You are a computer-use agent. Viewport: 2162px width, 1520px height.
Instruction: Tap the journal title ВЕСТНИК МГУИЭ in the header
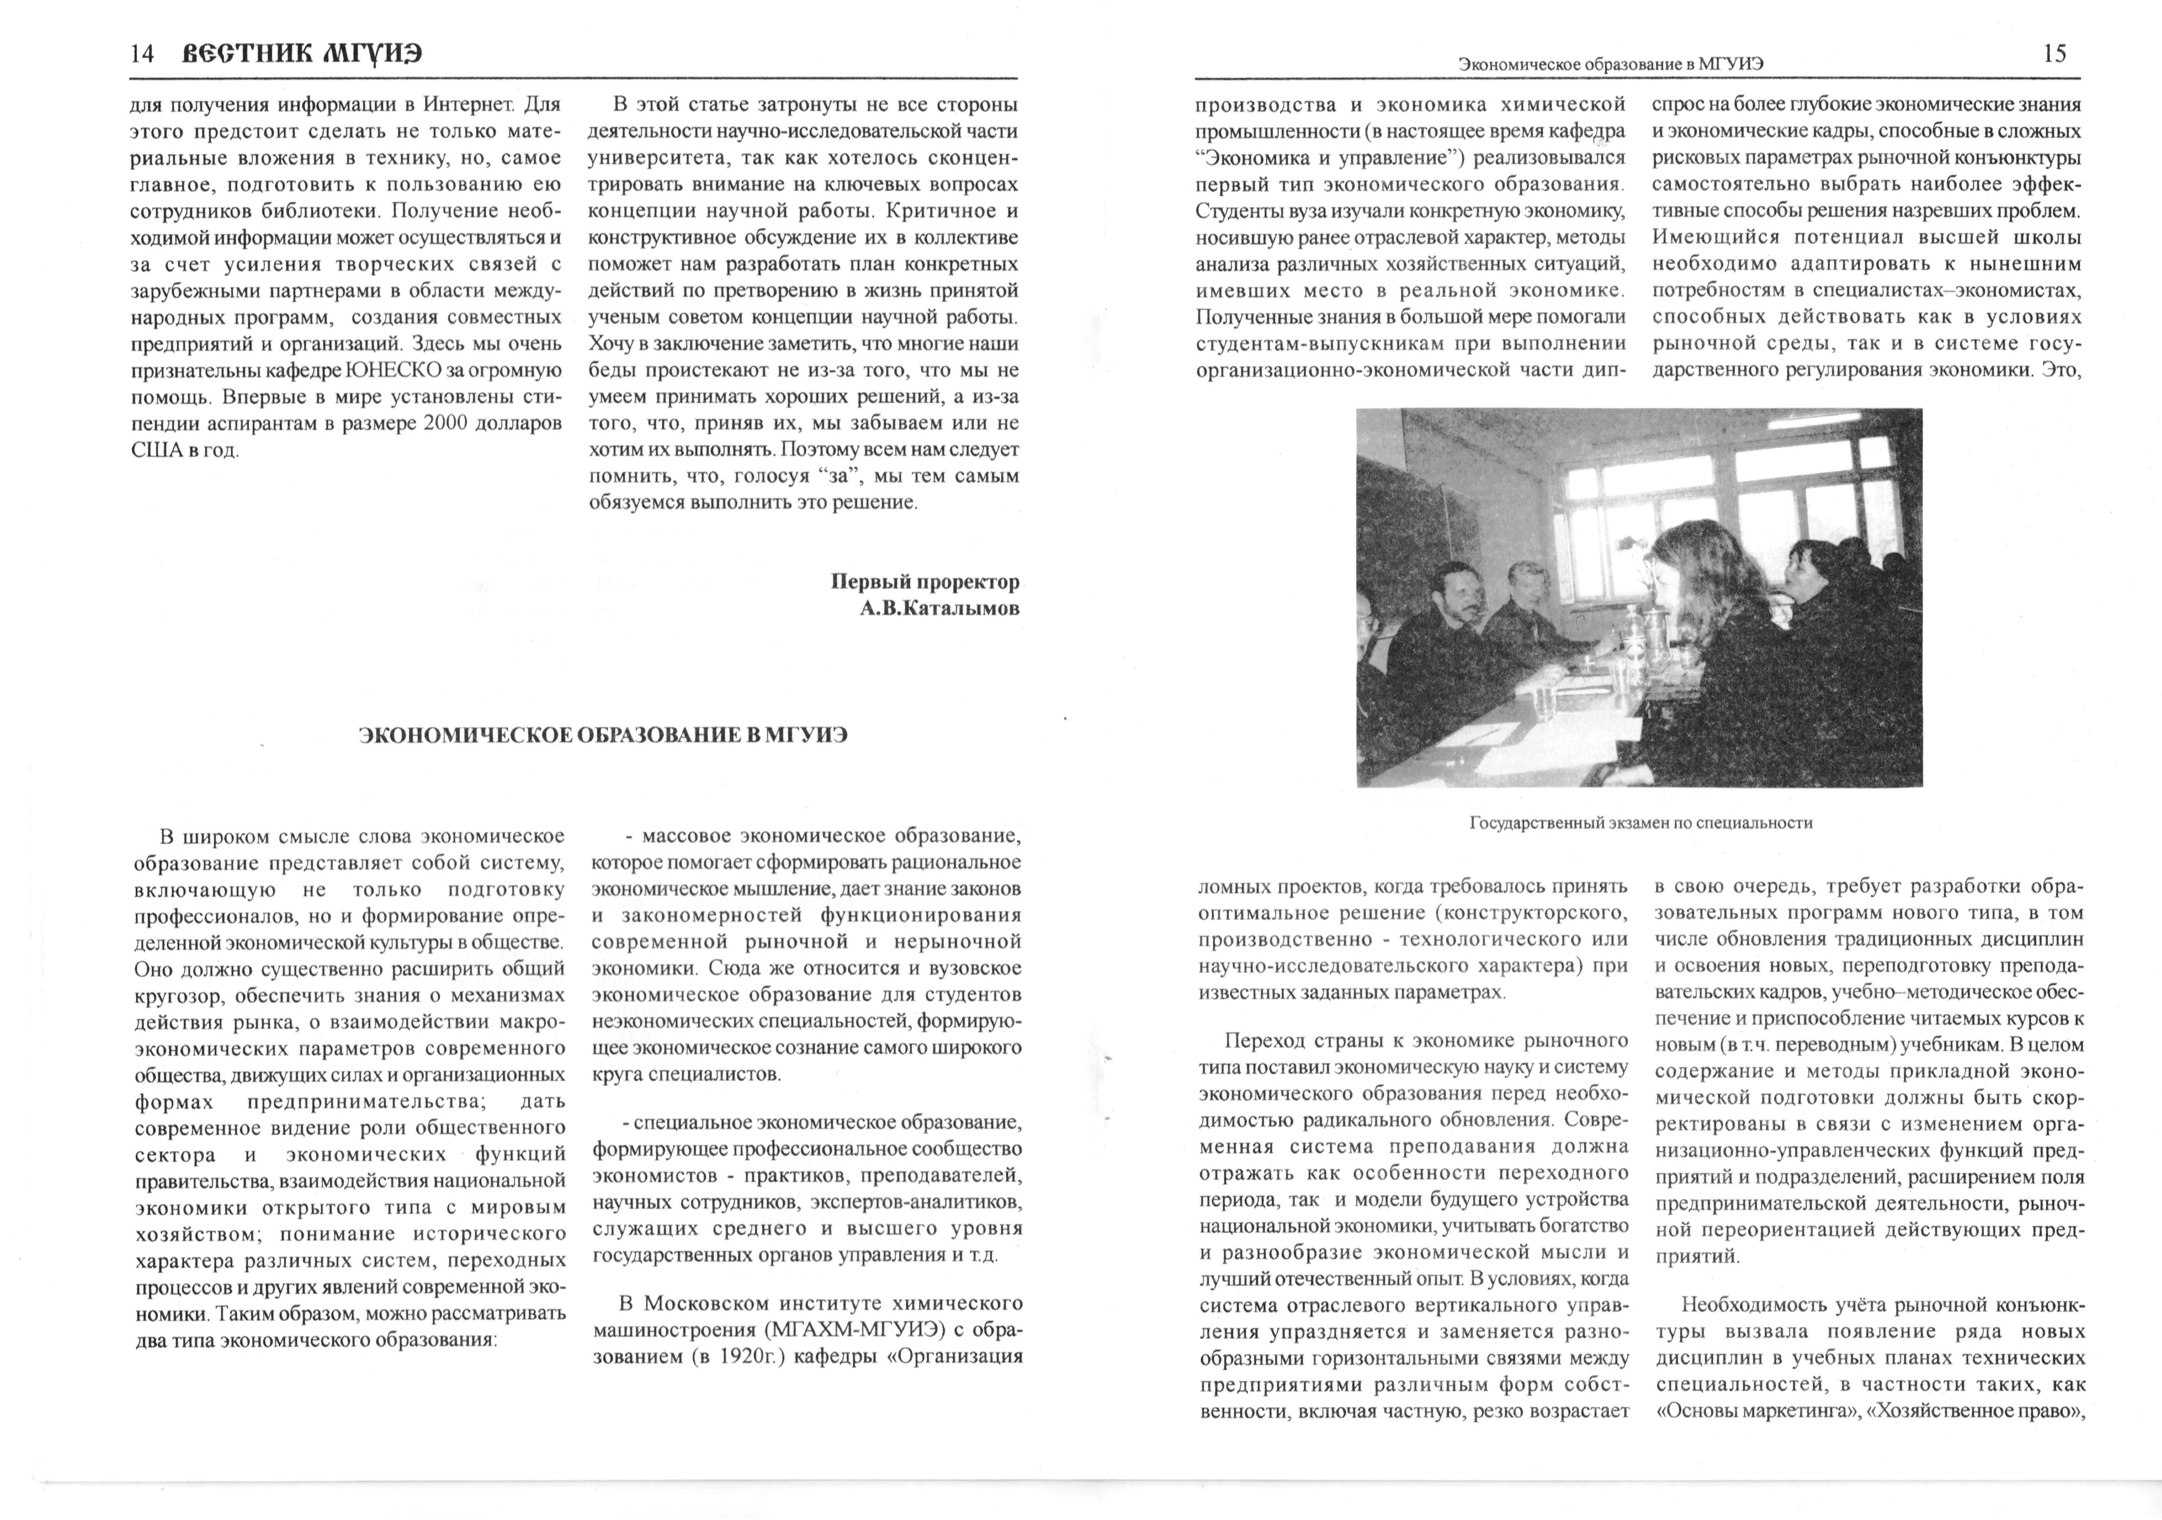(301, 55)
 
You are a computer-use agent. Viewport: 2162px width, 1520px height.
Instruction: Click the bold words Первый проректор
(925, 582)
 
